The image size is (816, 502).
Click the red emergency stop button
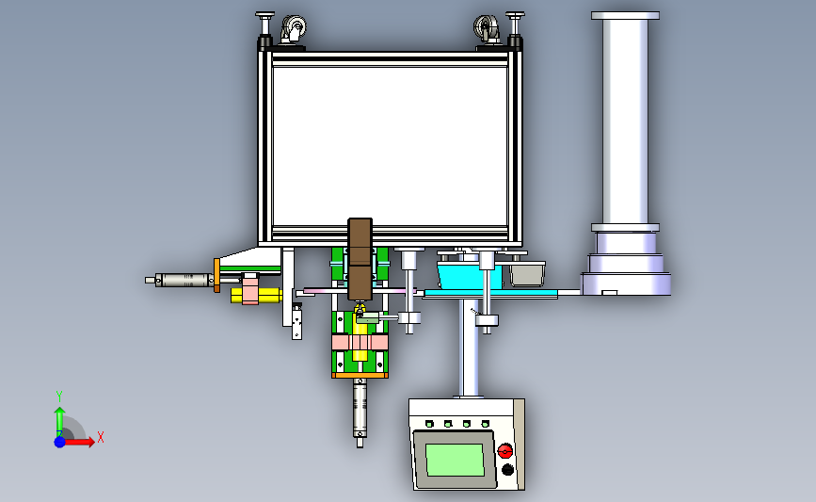[x=504, y=450]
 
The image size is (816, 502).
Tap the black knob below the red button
[x=507, y=470]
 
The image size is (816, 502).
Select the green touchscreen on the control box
[x=456, y=460]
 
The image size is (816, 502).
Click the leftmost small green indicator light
[x=429, y=424]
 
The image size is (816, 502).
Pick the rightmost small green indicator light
[x=485, y=424]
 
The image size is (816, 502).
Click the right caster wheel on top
[x=486, y=28]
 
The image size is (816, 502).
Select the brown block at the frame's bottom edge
[x=360, y=259]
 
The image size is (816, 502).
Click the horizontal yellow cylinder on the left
[x=257, y=296]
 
